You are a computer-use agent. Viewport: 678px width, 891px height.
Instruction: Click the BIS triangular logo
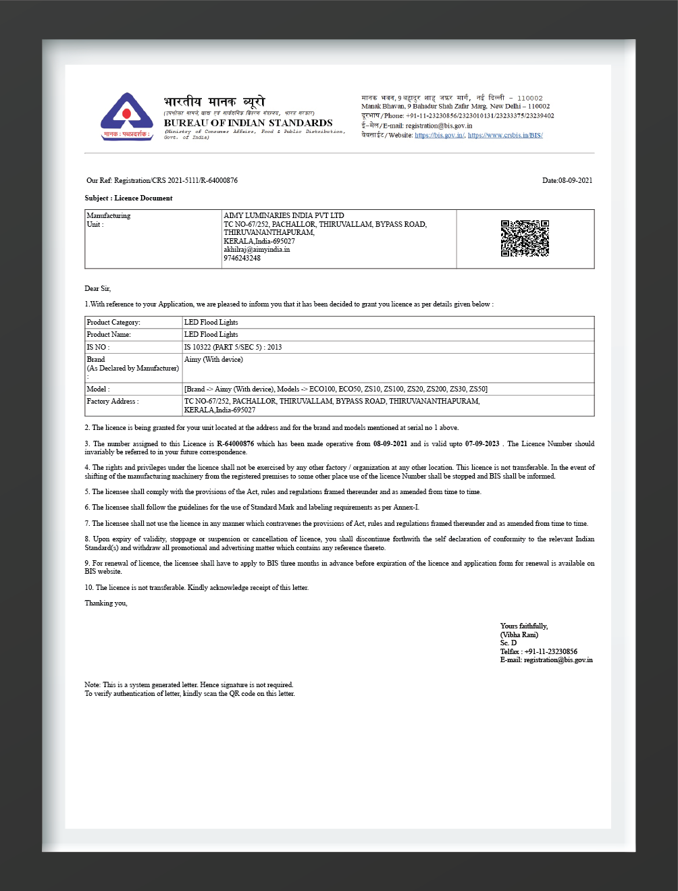coord(126,115)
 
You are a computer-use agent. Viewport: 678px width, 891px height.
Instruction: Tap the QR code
coord(525,238)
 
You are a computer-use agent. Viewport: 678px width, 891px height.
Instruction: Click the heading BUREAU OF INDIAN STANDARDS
coord(248,123)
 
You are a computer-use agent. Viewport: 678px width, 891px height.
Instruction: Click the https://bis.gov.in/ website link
coord(439,135)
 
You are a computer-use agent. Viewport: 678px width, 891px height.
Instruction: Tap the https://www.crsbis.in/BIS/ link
coord(505,135)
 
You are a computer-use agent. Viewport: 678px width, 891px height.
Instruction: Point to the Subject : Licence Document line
coord(128,198)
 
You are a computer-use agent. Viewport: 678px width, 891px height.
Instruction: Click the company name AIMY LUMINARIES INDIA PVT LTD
coord(284,215)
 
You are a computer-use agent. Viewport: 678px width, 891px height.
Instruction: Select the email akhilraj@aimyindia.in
coord(257,249)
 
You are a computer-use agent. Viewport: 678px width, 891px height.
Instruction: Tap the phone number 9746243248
coord(242,258)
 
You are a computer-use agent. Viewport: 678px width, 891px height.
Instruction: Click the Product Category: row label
coord(113,322)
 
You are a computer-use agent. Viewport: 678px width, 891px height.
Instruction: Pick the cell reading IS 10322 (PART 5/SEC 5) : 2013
coord(233,347)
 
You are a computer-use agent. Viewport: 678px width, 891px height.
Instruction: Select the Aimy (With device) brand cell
coord(213,359)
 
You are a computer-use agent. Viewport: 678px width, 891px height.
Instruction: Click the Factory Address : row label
coord(113,401)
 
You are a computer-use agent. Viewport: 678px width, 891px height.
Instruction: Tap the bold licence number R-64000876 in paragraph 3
coord(235,443)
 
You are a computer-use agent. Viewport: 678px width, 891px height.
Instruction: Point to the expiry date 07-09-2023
coord(482,443)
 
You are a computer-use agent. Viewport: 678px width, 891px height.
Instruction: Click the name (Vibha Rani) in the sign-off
coord(519,634)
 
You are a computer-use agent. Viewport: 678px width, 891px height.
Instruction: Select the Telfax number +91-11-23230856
coord(550,651)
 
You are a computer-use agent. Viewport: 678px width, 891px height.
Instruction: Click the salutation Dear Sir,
coord(97,288)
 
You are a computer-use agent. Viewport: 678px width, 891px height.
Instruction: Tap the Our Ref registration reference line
coord(162,180)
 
